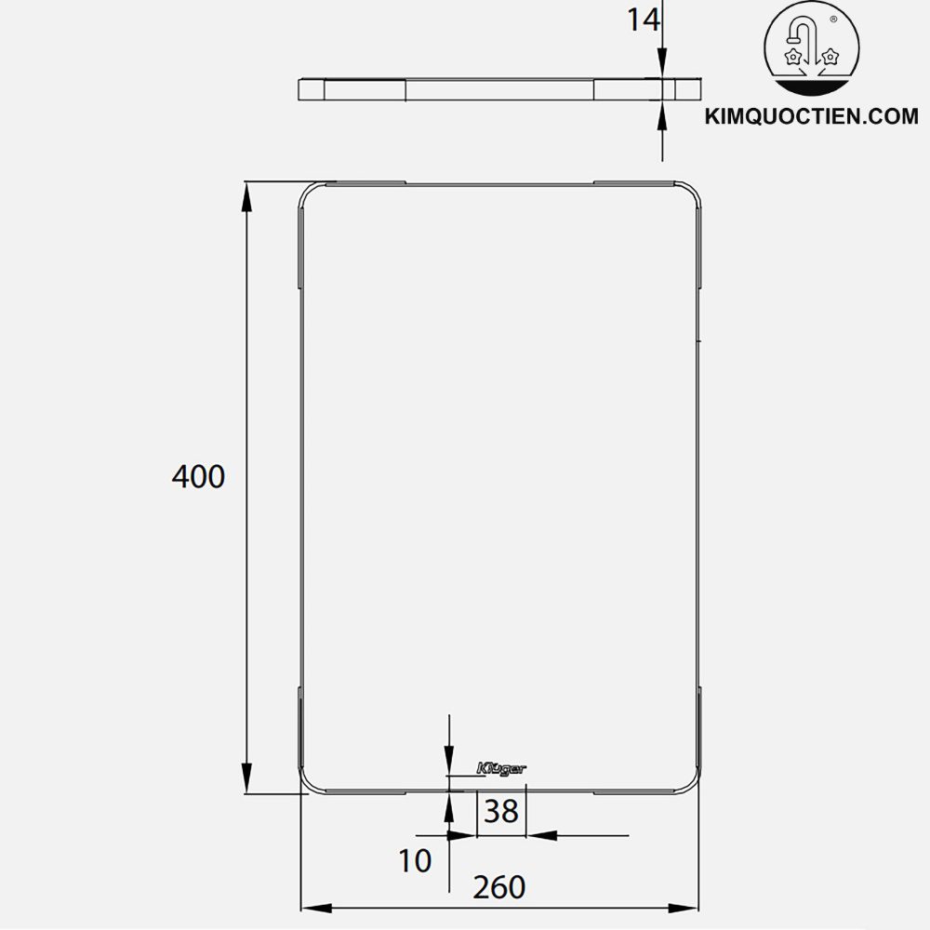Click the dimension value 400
tap(198, 477)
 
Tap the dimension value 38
tap(501, 812)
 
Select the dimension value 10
tap(416, 861)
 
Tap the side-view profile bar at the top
tap(499, 90)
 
